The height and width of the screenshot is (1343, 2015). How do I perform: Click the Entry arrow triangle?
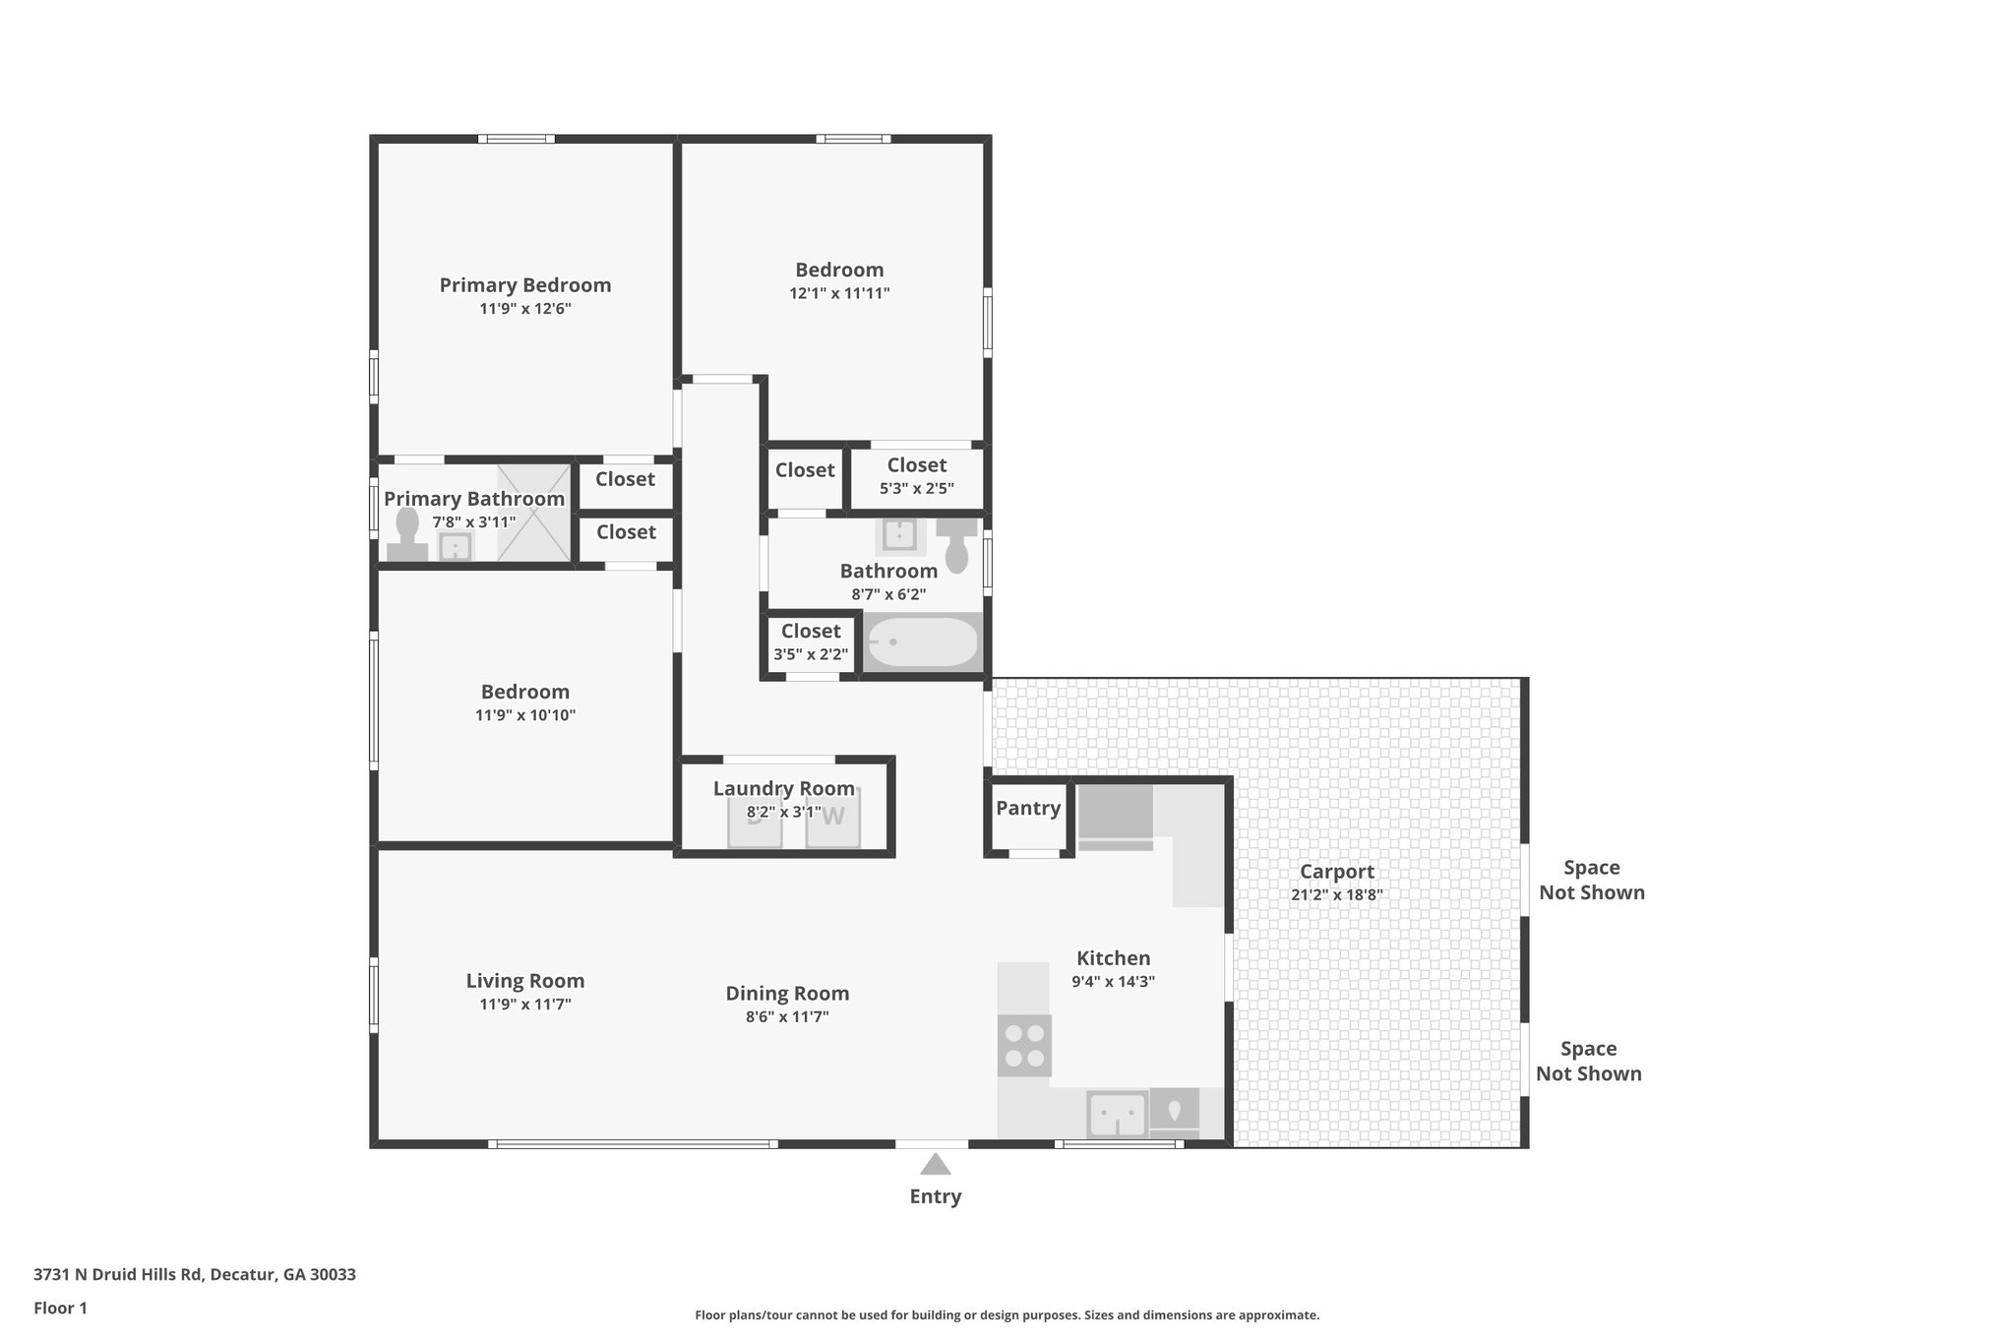(935, 1165)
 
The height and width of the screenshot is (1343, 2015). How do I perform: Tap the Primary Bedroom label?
(524, 285)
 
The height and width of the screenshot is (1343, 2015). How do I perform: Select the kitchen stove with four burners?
(1024, 1046)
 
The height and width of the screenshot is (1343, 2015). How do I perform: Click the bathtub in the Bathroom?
(922, 642)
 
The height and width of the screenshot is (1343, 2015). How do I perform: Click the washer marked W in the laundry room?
(833, 818)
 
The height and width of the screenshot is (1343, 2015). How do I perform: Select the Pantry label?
(1028, 808)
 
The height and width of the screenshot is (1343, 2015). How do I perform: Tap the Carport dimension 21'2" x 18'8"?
(1336, 895)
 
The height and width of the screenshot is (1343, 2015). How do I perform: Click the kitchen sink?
(1117, 1115)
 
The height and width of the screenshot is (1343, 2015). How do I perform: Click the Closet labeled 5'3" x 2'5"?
(916, 476)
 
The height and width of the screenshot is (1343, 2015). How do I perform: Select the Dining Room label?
(787, 994)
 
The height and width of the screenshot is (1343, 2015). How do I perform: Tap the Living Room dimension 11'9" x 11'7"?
(524, 1005)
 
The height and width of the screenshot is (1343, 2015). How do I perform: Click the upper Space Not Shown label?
(1591, 880)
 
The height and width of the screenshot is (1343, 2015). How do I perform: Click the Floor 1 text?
(60, 1308)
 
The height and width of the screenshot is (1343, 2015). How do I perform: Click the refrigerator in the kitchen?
(1116, 816)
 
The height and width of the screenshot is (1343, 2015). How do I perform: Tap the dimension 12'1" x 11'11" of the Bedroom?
(839, 293)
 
